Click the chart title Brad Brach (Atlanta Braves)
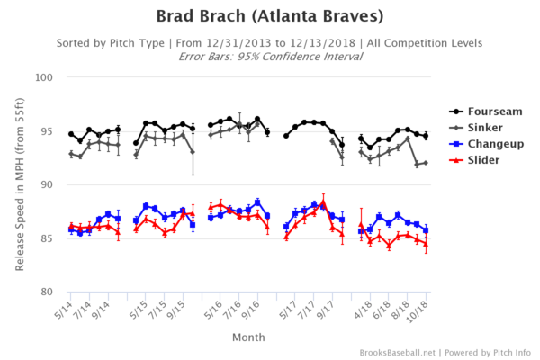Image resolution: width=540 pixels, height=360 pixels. point(270,16)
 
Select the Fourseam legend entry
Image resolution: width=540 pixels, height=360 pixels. point(486,112)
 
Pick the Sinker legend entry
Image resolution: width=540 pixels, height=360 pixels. point(476,128)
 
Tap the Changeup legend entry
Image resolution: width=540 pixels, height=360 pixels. point(487,144)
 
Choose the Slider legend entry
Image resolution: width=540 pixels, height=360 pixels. point(474,160)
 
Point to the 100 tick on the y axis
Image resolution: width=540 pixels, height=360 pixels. point(44,77)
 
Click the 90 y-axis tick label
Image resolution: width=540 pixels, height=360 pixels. point(47,185)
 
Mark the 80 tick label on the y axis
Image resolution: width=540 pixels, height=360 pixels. point(47,292)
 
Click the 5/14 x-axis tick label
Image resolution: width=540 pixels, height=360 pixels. point(63,310)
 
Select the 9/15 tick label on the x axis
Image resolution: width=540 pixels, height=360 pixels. point(175,310)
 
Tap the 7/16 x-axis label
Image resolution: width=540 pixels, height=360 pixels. point(232,310)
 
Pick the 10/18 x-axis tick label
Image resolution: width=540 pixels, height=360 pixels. point(418,311)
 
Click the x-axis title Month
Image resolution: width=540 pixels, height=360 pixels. point(248,337)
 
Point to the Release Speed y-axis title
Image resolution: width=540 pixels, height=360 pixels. point(20,184)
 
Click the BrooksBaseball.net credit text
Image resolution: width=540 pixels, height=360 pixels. point(398,353)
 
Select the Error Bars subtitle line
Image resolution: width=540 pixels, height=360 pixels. point(270,57)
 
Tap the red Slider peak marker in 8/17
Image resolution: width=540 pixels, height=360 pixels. point(323,202)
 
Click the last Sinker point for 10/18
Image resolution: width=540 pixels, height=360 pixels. point(426,163)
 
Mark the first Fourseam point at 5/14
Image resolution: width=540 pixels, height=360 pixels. point(71,134)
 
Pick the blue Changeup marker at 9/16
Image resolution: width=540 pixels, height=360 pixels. point(257,202)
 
